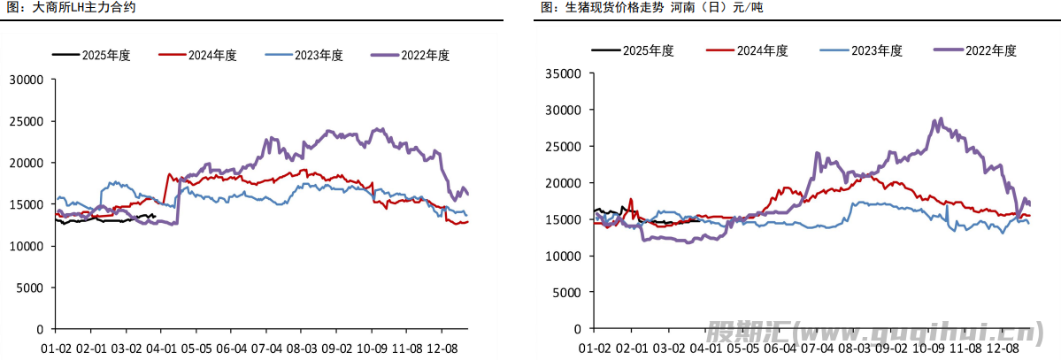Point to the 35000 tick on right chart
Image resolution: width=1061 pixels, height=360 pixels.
click(x=563, y=74)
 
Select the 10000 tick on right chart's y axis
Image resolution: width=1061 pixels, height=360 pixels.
click(x=563, y=256)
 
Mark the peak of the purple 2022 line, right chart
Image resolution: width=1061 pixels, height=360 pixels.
click(x=940, y=119)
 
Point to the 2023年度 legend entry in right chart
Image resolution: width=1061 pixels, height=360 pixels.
click(x=876, y=50)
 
